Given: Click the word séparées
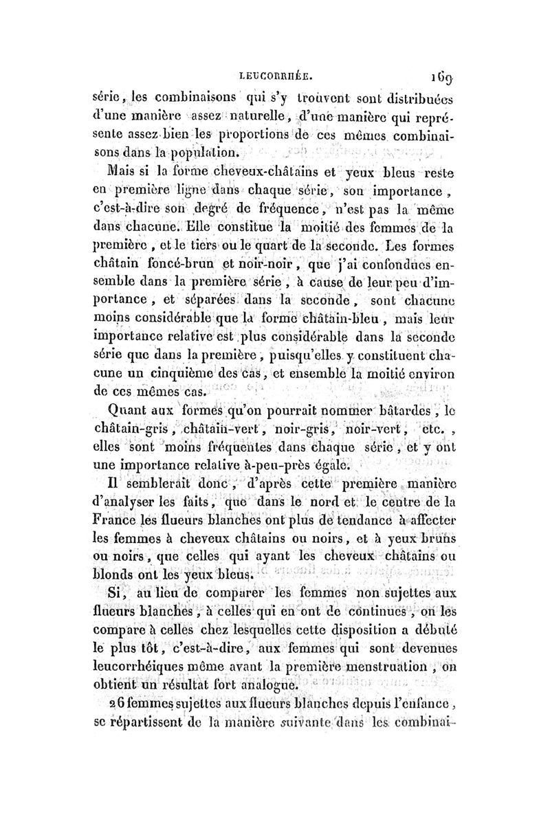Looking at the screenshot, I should coord(208,319).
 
